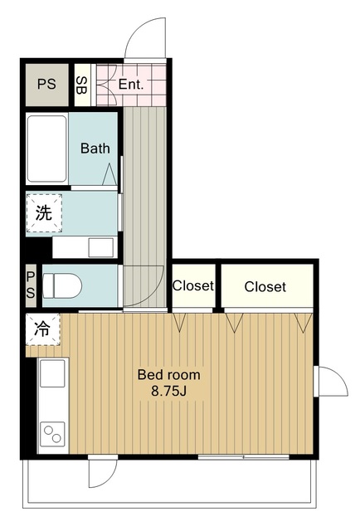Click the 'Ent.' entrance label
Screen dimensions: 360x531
pyautogui.click(x=131, y=84)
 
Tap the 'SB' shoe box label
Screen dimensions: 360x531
pyautogui.click(x=81, y=85)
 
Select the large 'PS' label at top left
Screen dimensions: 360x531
pyautogui.click(x=46, y=84)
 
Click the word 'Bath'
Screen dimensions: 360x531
pyautogui.click(x=95, y=149)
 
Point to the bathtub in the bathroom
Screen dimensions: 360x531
pyautogui.click(x=46, y=149)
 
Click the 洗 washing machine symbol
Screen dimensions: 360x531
pyautogui.click(x=44, y=213)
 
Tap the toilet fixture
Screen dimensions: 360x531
pyautogui.click(x=62, y=285)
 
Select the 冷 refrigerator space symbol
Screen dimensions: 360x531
pyautogui.click(x=43, y=329)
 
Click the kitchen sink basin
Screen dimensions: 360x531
pyautogui.click(x=52, y=373)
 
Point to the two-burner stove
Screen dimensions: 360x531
pyautogui.click(x=52, y=434)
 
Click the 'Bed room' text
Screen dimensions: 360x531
pyautogui.click(x=168, y=374)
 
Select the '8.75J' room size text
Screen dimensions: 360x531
pyautogui.click(x=168, y=391)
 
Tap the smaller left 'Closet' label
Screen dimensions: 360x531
pyautogui.click(x=193, y=285)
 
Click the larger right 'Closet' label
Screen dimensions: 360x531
pyautogui.click(x=265, y=287)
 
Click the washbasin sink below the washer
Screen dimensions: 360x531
pyautogui.click(x=100, y=247)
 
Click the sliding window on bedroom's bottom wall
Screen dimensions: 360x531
pyautogui.click(x=244, y=457)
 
